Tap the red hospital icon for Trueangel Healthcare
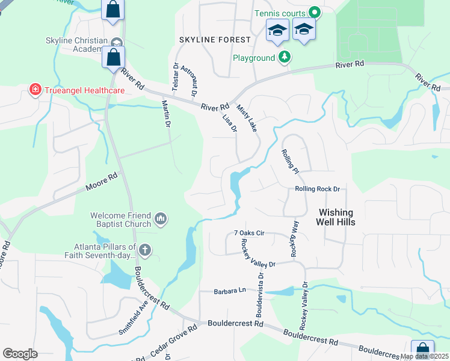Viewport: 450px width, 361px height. coord(35,90)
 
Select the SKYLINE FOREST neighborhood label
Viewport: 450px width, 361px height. coord(215,40)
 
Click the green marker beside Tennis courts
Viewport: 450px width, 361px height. coord(313,12)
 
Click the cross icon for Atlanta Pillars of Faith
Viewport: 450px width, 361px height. coord(144,249)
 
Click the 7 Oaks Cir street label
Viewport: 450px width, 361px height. coord(249,233)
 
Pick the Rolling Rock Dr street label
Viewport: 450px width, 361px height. coord(318,189)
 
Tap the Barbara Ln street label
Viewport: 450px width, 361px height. coord(230,291)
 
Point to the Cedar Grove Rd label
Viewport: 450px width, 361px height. coord(174,341)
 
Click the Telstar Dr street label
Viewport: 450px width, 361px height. coord(175,76)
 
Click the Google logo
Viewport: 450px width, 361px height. coord(20,354)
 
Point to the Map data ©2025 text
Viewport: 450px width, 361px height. coord(424,356)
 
